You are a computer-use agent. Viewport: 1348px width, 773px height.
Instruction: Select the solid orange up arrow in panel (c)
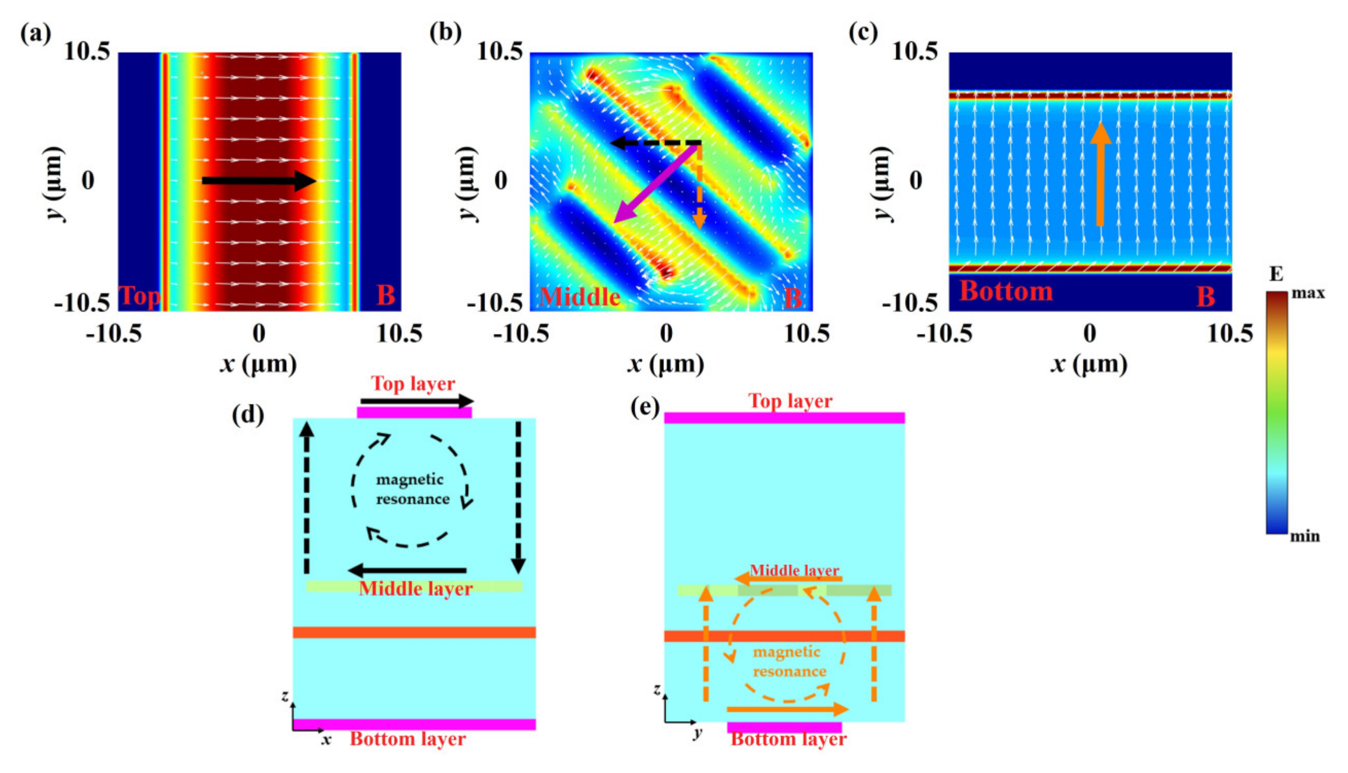pyautogui.click(x=1100, y=175)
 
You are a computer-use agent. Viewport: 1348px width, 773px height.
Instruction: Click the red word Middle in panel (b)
pyautogui.click(x=579, y=296)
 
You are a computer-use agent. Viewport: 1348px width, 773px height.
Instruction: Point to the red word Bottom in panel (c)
pyautogui.click(x=1006, y=291)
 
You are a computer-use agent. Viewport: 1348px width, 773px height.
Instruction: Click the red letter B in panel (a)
pyautogui.click(x=385, y=295)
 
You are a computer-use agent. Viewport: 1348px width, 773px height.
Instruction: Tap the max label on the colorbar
pyautogui.click(x=1308, y=293)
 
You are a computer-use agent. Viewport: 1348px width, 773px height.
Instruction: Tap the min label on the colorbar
pyautogui.click(x=1304, y=536)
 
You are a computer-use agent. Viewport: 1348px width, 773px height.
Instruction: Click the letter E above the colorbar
pyautogui.click(x=1276, y=274)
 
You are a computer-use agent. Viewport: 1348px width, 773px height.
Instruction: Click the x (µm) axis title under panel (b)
pyautogui.click(x=666, y=364)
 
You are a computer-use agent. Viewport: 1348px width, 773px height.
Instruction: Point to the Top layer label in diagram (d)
pyautogui.click(x=413, y=383)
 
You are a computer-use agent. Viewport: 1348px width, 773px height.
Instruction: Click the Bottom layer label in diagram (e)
pyautogui.click(x=788, y=739)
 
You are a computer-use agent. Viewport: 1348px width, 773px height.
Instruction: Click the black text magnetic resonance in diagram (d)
pyautogui.click(x=412, y=489)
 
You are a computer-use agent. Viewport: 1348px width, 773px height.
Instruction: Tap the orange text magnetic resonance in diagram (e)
pyautogui.click(x=789, y=661)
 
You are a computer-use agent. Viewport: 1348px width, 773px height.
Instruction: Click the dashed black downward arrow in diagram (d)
pyautogui.click(x=519, y=496)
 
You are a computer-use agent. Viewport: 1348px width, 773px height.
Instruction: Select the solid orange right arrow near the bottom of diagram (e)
pyautogui.click(x=787, y=709)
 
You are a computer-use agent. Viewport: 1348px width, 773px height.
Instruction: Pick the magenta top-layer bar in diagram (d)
pyautogui.click(x=414, y=412)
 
